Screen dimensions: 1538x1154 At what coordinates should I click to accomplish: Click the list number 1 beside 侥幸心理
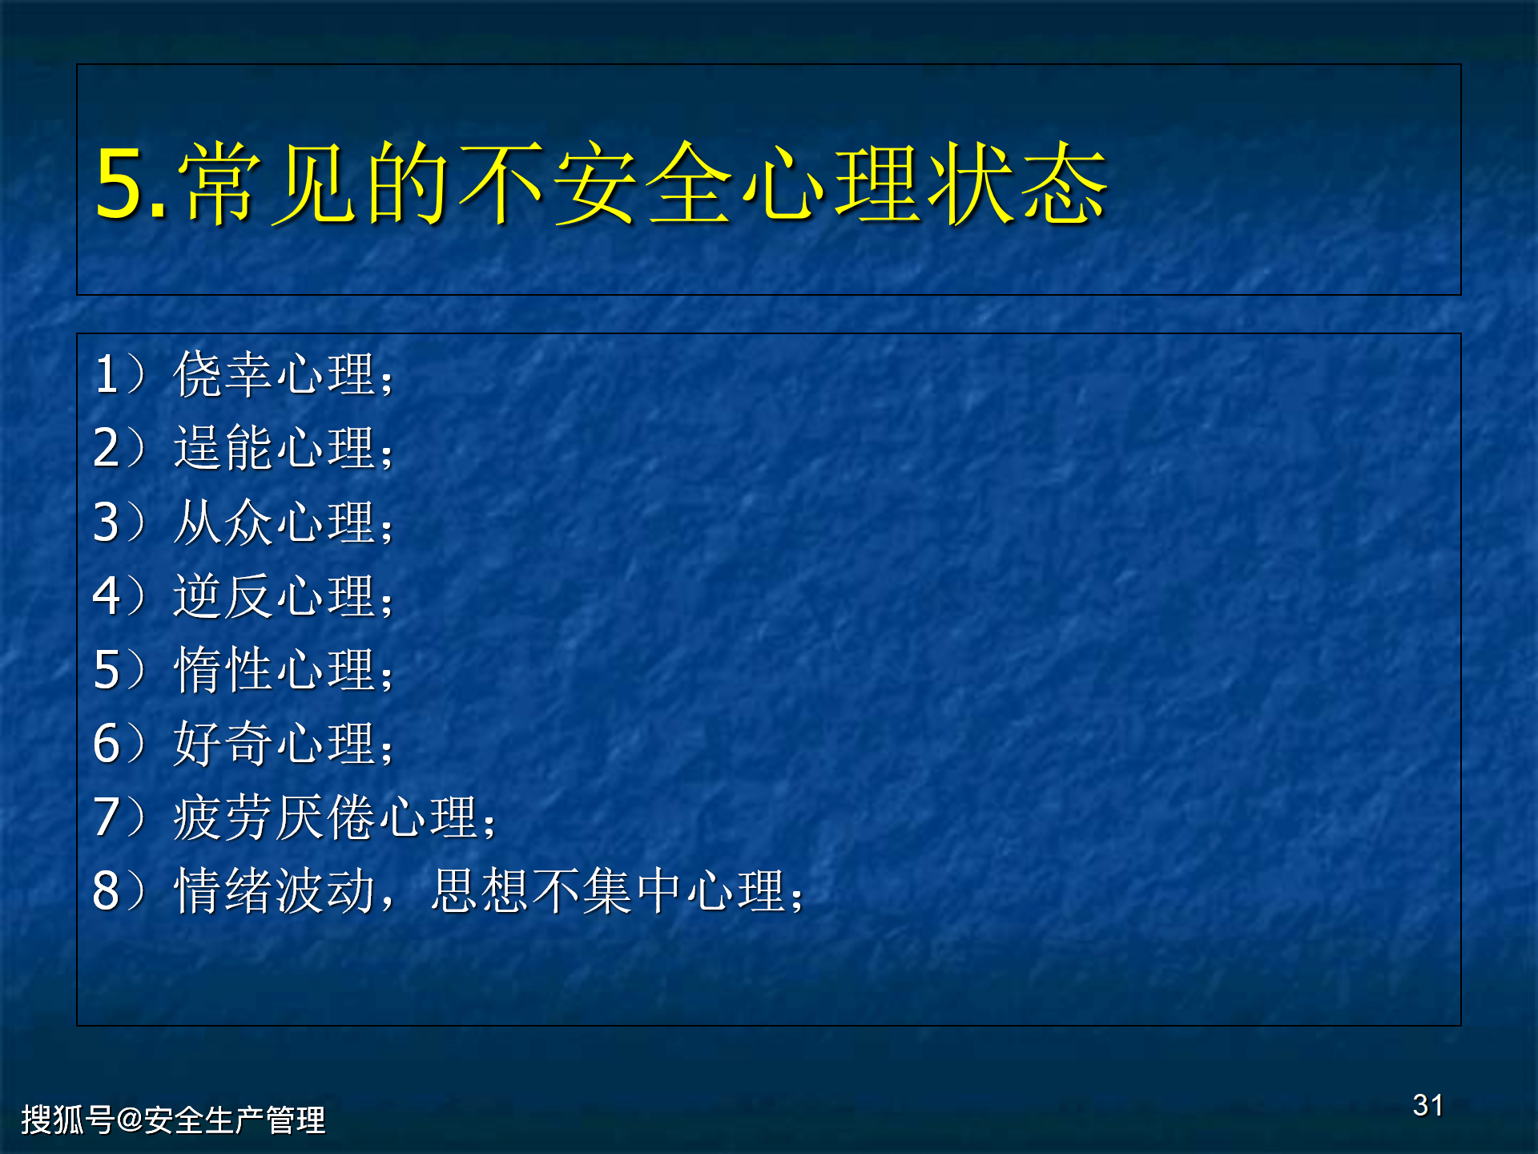coord(107,373)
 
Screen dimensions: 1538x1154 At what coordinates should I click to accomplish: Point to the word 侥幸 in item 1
coord(223,373)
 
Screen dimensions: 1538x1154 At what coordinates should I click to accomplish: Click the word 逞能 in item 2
coord(223,447)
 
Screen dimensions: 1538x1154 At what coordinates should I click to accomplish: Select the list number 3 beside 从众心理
coord(107,522)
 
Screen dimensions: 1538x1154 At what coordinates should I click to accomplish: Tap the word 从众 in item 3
coord(223,522)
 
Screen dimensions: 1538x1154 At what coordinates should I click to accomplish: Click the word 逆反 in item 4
coord(223,595)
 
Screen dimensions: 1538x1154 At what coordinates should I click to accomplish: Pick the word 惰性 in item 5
coord(223,669)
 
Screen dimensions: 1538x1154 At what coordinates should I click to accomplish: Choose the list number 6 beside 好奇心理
coord(107,743)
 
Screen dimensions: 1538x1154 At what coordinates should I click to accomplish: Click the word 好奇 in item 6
coord(223,743)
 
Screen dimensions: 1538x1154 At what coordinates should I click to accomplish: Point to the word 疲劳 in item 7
coord(223,817)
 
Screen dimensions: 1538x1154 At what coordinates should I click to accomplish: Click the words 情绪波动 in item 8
coord(274,890)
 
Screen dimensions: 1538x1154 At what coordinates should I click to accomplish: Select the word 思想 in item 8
coord(481,890)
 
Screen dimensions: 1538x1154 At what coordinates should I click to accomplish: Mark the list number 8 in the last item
coord(107,890)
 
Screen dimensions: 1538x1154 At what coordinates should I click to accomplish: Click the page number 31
coord(1427,1105)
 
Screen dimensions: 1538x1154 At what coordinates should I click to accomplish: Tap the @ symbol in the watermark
coord(129,1119)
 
